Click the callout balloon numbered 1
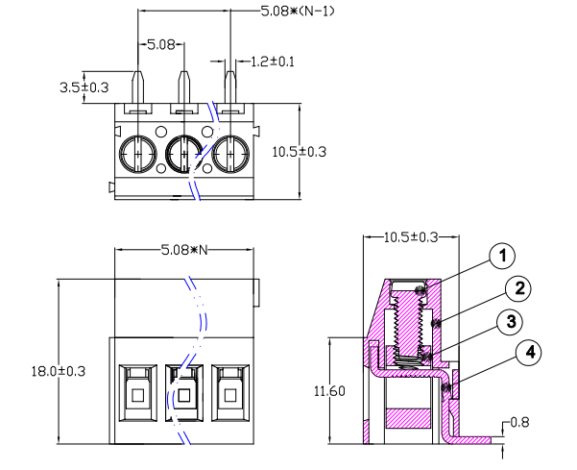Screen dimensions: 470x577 click(x=501, y=256)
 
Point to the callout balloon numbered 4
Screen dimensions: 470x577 click(x=527, y=353)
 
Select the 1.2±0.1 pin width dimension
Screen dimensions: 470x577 click(x=273, y=60)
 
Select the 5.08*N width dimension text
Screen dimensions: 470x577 click(x=188, y=251)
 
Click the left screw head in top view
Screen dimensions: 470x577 click(x=138, y=152)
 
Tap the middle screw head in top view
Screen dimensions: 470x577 click(x=183, y=152)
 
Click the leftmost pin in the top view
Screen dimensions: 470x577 click(x=138, y=87)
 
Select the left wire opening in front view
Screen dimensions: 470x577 click(x=138, y=395)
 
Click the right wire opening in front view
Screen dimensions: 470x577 click(x=228, y=395)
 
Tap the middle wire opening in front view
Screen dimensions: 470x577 click(x=183, y=395)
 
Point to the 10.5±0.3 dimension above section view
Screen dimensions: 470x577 click(x=411, y=236)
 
